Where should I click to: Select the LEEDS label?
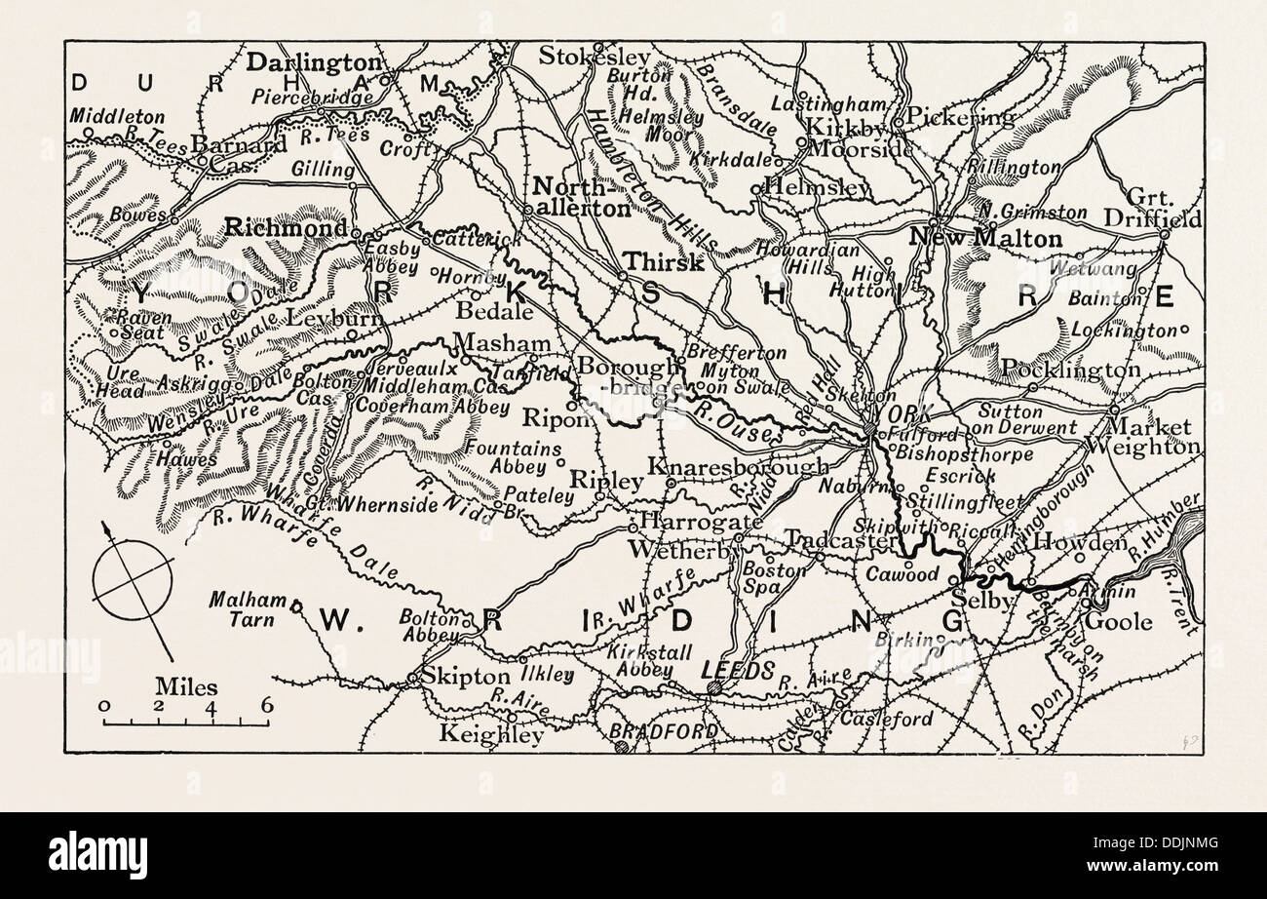[x=738, y=670]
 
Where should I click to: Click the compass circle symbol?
[x=132, y=585]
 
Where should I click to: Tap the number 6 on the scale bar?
[x=265, y=706]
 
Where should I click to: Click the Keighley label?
[x=491, y=734]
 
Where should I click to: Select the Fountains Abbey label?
[x=514, y=457]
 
